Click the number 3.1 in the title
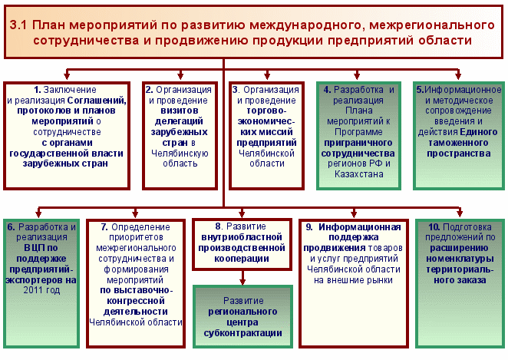pyautogui.click(x=18, y=25)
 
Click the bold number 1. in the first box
pyautogui.click(x=38, y=90)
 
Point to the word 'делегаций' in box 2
pyautogui.click(x=179, y=121)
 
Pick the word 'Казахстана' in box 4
pyautogui.click(x=359, y=174)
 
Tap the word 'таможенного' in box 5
pyautogui.click(x=458, y=143)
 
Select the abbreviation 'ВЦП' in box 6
pyautogui.click(x=31, y=248)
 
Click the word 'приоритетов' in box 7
pyautogui.click(x=136, y=237)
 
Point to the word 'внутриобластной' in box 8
pyautogui.click(x=242, y=237)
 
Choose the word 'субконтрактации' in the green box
pyautogui.click(x=242, y=333)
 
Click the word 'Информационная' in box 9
pyautogui.click(x=360, y=227)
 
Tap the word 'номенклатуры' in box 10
pyautogui.click(x=460, y=259)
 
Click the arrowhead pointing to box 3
pyautogui.click(x=267, y=76)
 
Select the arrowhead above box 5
pyautogui.click(x=458, y=76)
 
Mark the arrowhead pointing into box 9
pyautogui.click(x=354, y=214)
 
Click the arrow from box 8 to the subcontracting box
pyautogui.click(x=242, y=278)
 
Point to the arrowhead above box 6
pyautogui.click(x=38, y=214)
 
